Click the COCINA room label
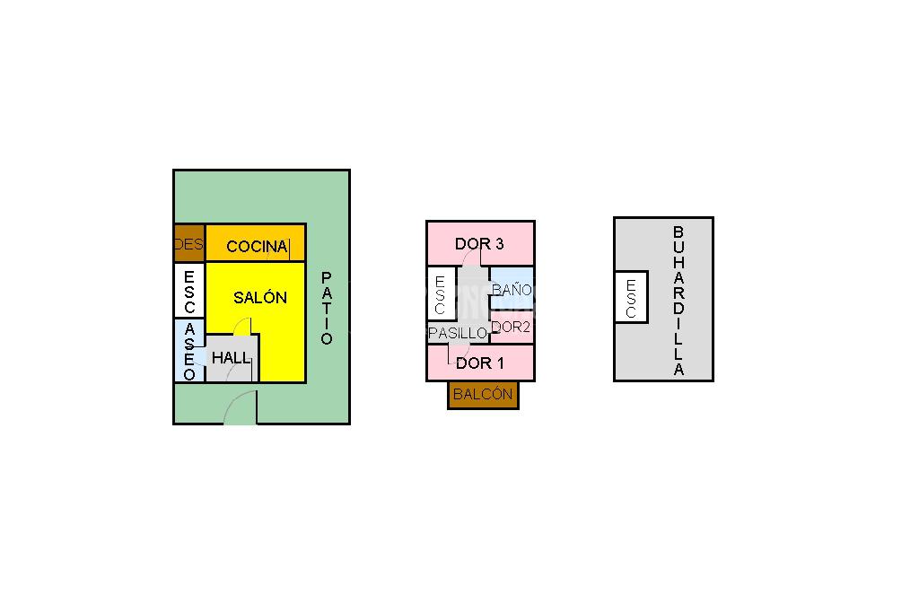point(257,246)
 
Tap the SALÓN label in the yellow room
point(260,298)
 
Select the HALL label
point(232,357)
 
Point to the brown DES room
point(189,243)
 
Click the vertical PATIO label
point(327,308)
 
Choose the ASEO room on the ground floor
point(189,350)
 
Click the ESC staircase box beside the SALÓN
point(189,289)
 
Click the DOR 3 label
point(479,243)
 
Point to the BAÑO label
point(512,290)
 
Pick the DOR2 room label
point(512,327)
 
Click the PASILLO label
point(458,333)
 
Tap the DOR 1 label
point(480,363)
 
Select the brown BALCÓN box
point(483,394)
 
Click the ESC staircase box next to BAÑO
point(440,294)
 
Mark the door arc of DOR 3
point(473,258)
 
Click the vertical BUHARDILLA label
point(678,301)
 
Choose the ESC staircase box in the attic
point(631,297)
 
